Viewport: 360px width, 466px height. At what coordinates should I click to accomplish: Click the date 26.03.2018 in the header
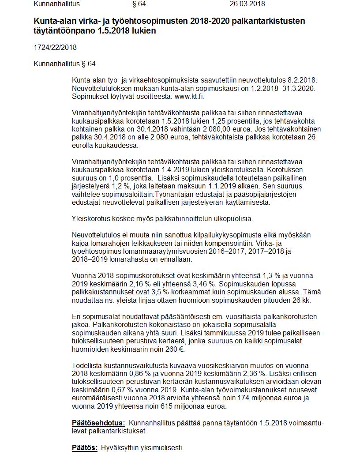247,4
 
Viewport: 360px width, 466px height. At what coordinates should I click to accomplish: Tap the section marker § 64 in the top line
139,4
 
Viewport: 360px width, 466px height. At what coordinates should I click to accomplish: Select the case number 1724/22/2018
55,47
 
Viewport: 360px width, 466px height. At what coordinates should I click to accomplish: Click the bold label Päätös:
85,447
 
